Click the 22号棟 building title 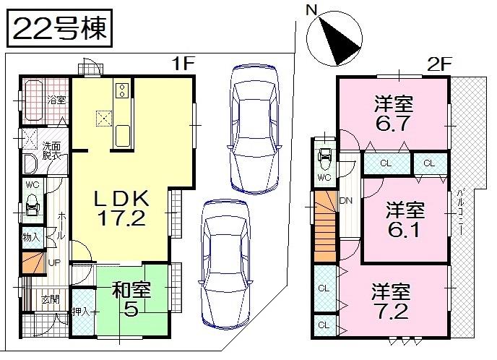pos(59,28)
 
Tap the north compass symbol pos(333,38)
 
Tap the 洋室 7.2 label pos(392,302)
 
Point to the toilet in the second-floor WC pos(325,155)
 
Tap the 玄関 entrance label pos(49,299)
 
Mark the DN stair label pos(346,201)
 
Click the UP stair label pos(53,261)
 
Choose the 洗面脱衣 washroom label pos(51,149)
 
